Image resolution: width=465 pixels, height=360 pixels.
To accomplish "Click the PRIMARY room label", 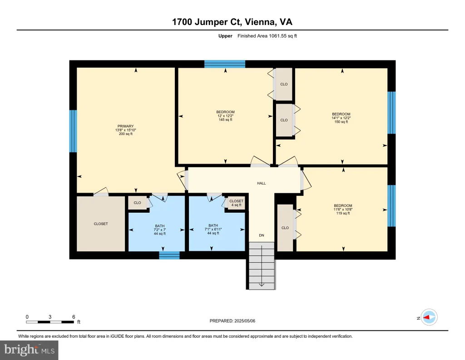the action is pyautogui.click(x=125, y=126).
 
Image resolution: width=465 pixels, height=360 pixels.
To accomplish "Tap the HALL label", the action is pyautogui.click(x=261, y=184).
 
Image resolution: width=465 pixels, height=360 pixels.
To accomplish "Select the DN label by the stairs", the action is pyautogui.click(x=261, y=235).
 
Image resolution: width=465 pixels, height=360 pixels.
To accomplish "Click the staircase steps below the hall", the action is pyautogui.click(x=262, y=265).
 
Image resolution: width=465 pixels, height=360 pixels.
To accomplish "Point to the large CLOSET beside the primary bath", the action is pyautogui.click(x=101, y=224).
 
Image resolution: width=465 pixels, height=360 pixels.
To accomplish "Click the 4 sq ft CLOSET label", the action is pyautogui.click(x=236, y=203).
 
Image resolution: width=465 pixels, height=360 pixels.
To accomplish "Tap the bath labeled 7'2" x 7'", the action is pyautogui.click(x=159, y=230).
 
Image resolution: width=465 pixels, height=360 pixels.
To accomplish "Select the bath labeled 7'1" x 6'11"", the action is pyautogui.click(x=213, y=230).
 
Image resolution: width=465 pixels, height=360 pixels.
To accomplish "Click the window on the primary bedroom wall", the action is pyautogui.click(x=73, y=131).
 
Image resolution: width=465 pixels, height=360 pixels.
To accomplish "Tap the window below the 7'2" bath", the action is pyautogui.click(x=169, y=255).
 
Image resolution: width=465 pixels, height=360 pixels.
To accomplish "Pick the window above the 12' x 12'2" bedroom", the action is pyautogui.click(x=225, y=64).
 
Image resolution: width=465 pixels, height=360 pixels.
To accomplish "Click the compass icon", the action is pyautogui.click(x=429, y=317).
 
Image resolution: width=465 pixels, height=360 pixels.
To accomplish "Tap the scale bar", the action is pyautogui.click(x=50, y=322).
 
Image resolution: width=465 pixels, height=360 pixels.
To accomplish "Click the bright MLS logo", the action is pyautogui.click(x=29, y=350).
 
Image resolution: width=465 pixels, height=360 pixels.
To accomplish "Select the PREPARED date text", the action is pyautogui.click(x=232, y=321).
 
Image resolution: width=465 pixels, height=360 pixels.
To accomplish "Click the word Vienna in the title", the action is pyautogui.click(x=260, y=22).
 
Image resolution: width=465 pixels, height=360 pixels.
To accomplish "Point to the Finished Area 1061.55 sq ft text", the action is pyautogui.click(x=267, y=36).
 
